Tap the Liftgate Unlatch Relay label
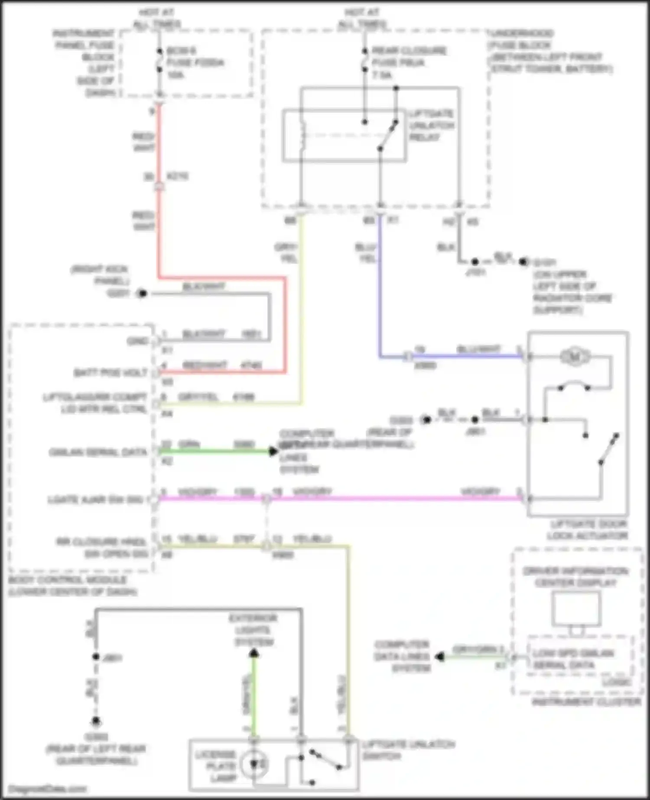432,126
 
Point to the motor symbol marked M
575,357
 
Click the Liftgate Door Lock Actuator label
587,530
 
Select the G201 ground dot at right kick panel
142,294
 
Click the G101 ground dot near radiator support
524,262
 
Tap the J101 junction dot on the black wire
475,262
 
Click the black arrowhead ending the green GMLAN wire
273,452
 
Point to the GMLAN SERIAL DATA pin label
98,452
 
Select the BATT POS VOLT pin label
110,373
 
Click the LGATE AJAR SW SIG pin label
95,500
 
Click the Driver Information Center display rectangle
576,608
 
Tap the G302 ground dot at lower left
96,722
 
